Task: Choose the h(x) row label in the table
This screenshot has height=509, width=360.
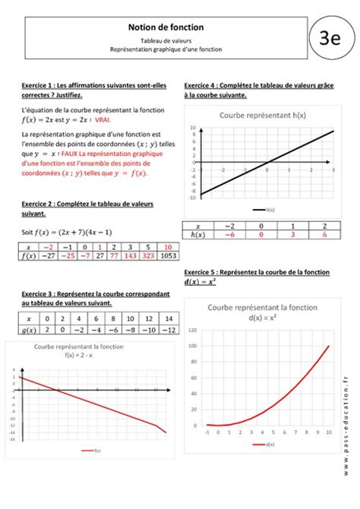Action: click(199, 236)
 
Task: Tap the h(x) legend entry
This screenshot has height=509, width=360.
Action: click(267, 207)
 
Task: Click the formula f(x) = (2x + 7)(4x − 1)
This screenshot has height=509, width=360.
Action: click(67, 232)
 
